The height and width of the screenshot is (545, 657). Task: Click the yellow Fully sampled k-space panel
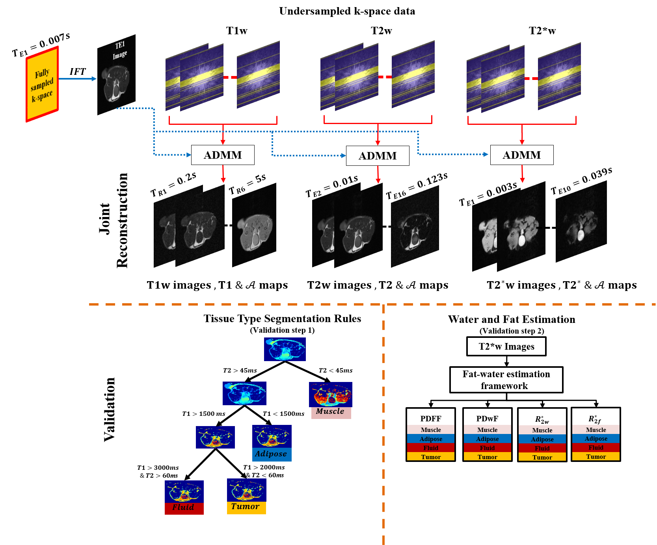coord(42,84)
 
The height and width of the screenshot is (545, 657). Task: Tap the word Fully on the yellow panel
coord(42,74)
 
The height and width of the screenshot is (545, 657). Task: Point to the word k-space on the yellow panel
coord(42,96)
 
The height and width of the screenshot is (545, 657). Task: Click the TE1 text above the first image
coord(120,45)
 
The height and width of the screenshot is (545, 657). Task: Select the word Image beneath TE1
coord(120,55)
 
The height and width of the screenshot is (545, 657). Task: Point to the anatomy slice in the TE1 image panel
coord(116,83)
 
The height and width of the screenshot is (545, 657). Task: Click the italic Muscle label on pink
coord(330,412)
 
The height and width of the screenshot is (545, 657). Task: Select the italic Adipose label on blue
coord(271,454)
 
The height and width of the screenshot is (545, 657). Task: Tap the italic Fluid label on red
coord(184,508)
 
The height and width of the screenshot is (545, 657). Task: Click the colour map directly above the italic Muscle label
coord(330,394)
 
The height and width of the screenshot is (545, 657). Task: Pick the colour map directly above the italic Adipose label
coord(272,436)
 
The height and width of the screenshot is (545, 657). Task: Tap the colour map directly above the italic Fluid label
coord(184,491)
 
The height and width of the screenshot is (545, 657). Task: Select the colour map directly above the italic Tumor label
coord(246,490)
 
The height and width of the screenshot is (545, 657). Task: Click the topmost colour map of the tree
coord(285,349)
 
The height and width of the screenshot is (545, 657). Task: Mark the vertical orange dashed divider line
coord(383,425)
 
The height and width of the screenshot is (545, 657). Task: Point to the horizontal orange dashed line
coord(236,304)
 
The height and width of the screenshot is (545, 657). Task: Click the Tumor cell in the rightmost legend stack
coord(596,457)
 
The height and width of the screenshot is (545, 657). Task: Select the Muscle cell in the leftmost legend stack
coord(430,430)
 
